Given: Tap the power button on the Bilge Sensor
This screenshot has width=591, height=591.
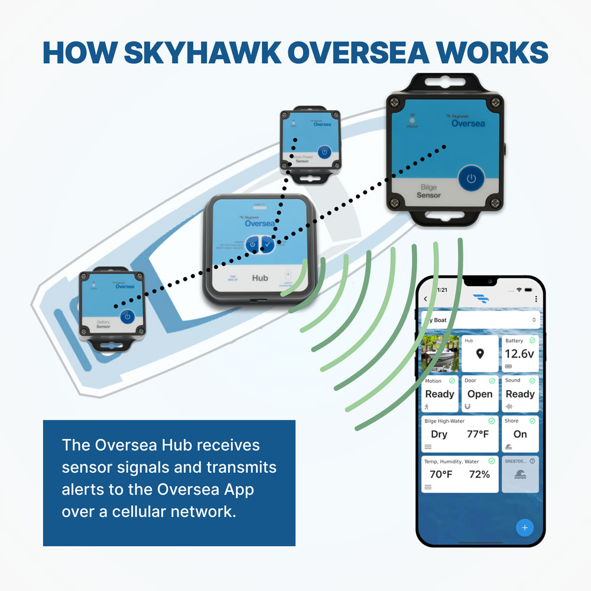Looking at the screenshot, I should click(471, 178).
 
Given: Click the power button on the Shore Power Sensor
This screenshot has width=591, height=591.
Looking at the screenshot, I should click(324, 152).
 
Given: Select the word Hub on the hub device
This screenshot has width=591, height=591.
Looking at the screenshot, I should click(260, 277).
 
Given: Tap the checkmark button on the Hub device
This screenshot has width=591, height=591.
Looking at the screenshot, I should click(268, 244).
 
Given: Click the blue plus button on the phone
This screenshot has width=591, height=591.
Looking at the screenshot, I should click(525, 527).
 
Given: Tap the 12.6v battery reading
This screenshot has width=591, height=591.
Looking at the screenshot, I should click(519, 354).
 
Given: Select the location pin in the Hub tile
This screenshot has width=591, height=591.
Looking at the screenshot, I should click(480, 354).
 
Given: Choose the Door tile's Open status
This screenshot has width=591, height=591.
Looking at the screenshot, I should click(479, 394).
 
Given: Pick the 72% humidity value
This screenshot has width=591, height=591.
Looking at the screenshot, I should click(479, 474).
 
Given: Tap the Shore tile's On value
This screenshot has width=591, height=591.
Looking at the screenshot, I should click(520, 434).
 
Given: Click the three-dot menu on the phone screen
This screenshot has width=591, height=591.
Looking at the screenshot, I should click(535, 299).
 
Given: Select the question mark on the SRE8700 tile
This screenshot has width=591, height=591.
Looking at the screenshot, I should click(532, 461).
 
